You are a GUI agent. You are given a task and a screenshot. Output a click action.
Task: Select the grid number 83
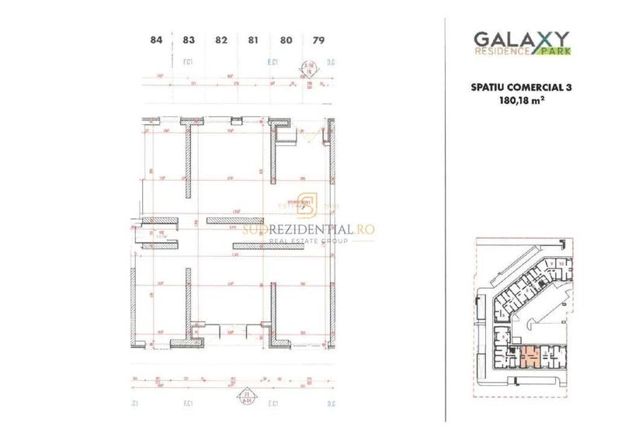click(x=188, y=40)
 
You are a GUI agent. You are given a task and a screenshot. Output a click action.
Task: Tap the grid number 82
click(x=220, y=40)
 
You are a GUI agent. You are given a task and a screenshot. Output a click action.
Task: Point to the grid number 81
click(x=253, y=40)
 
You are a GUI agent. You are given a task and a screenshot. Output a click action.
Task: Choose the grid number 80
click(x=286, y=40)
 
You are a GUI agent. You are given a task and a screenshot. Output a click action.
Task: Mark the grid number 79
click(x=318, y=40)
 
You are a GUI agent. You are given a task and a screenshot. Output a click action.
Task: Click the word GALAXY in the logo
click(x=521, y=38)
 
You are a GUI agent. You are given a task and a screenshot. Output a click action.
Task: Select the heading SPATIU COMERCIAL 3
click(x=521, y=88)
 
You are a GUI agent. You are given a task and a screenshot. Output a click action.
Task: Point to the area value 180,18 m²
click(x=521, y=101)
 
